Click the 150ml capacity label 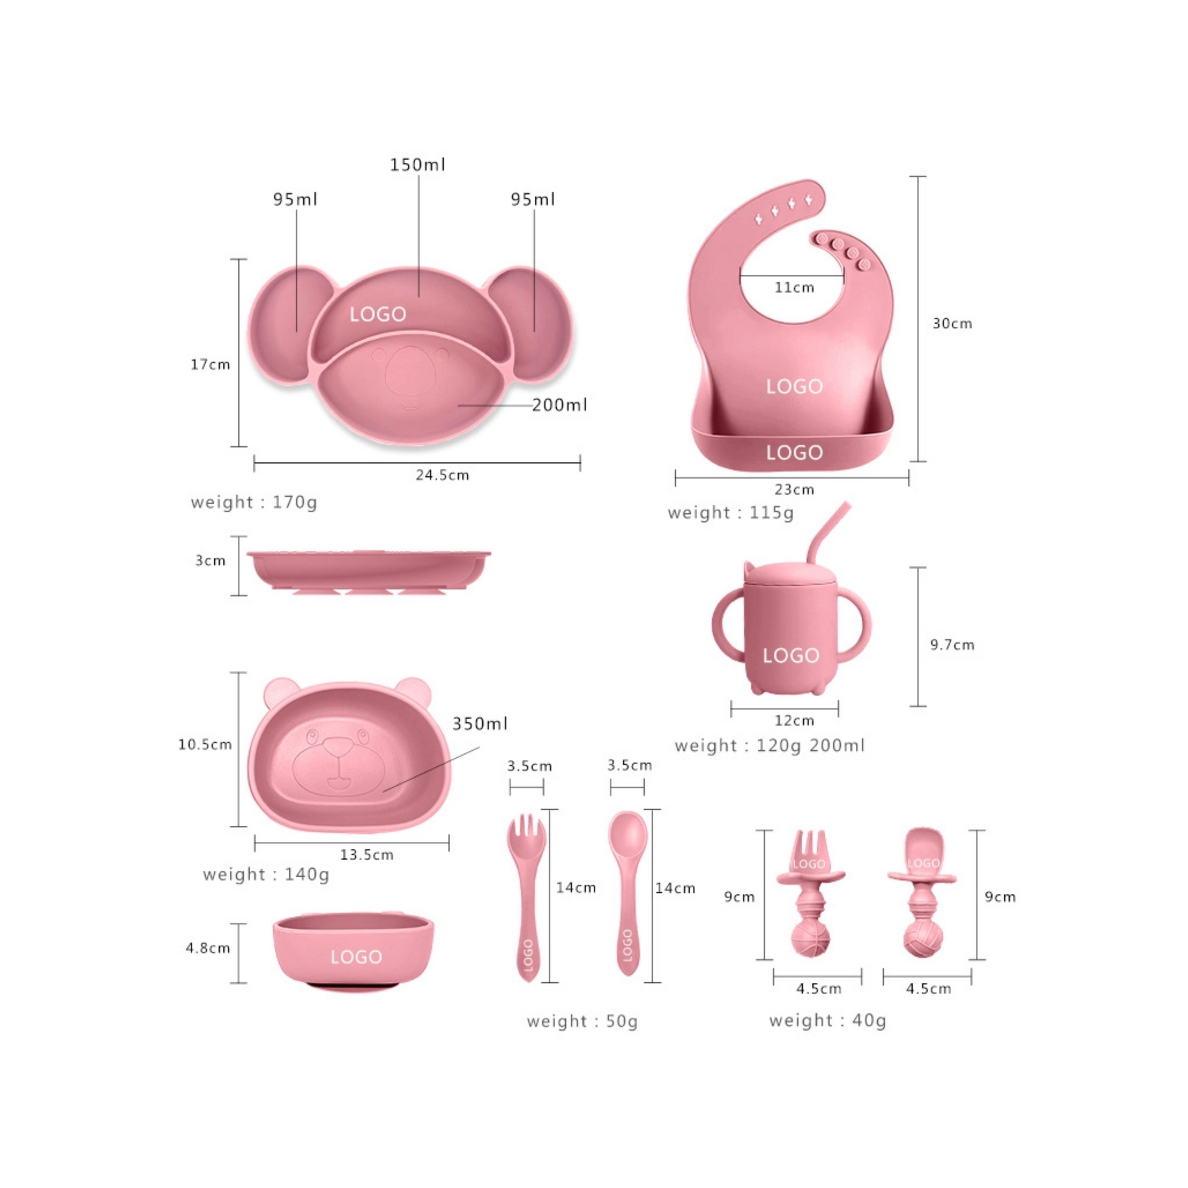[418, 165]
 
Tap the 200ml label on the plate [560, 405]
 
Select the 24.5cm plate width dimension [442, 475]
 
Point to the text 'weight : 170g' [254, 502]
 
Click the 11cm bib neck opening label [794, 287]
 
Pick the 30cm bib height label [952, 324]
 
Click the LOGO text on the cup [791, 656]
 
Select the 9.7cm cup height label [952, 645]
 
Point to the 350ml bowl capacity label [480, 723]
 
